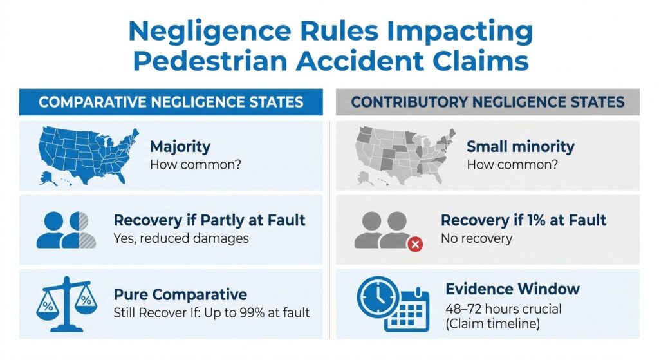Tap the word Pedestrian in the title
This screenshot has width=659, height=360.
tap(210, 61)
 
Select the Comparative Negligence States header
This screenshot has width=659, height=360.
tap(171, 102)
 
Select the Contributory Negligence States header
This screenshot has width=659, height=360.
tap(488, 102)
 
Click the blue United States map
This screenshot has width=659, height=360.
tap(88, 156)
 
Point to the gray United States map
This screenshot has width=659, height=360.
tap(405, 156)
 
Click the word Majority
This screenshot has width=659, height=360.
tap(180, 146)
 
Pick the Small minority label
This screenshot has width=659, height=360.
tap(520, 146)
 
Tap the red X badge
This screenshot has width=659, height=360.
tap(415, 244)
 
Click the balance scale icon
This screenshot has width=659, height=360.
tap(66, 303)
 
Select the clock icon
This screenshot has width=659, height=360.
tap(377, 296)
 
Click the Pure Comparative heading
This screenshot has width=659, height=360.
tap(180, 294)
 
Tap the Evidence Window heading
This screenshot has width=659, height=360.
tap(512, 289)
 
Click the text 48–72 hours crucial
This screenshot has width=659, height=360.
tap(503, 308)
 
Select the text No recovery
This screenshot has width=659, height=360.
tap(477, 238)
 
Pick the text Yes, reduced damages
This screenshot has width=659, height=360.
tap(181, 238)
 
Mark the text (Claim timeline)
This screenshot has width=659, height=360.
tap(492, 324)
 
